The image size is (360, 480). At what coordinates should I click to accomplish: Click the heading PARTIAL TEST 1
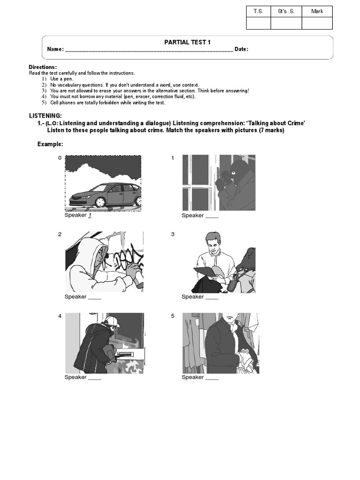(187, 42)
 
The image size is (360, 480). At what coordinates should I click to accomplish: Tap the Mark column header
(317, 11)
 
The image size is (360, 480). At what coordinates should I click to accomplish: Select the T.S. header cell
(258, 11)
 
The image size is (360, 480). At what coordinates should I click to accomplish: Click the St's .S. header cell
(286, 11)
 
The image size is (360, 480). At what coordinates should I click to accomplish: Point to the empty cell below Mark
(317, 23)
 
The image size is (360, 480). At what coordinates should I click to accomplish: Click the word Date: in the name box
(241, 50)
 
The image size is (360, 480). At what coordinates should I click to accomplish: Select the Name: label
(55, 50)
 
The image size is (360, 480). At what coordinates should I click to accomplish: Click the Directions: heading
(43, 67)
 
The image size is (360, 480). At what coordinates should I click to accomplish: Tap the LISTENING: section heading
(45, 115)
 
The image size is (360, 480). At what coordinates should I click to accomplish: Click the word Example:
(50, 144)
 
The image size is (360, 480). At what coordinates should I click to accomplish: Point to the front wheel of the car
(100, 202)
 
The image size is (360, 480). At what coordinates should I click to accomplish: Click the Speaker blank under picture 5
(212, 377)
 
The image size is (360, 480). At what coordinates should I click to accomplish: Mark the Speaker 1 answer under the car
(89, 215)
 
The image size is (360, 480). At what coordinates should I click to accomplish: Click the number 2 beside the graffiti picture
(60, 234)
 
